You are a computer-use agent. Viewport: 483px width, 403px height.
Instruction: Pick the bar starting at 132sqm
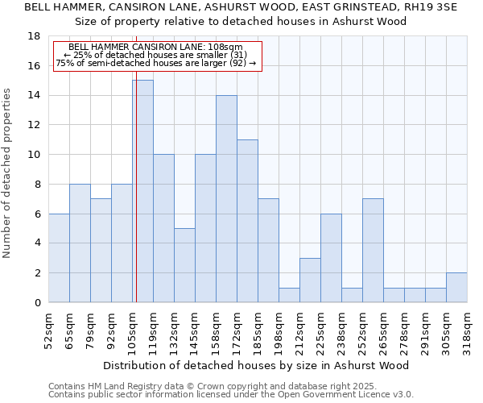tap(184, 265)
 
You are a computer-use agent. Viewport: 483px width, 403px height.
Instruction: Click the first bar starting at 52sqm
tap(59, 258)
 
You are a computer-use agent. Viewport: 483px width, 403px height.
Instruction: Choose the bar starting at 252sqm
tap(373, 250)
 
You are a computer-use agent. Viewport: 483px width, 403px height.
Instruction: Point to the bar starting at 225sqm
tap(331, 258)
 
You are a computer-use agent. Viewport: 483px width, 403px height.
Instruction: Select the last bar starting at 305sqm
tap(456, 288)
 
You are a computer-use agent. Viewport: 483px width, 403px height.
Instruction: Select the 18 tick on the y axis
tap(34, 36)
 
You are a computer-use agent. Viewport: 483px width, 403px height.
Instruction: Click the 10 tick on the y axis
tap(34, 155)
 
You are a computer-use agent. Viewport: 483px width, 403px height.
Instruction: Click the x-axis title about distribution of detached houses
tap(256, 365)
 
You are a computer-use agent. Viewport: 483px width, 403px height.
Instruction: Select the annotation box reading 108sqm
tap(158, 56)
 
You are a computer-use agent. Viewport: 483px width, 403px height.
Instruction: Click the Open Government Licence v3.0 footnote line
tap(231, 395)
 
